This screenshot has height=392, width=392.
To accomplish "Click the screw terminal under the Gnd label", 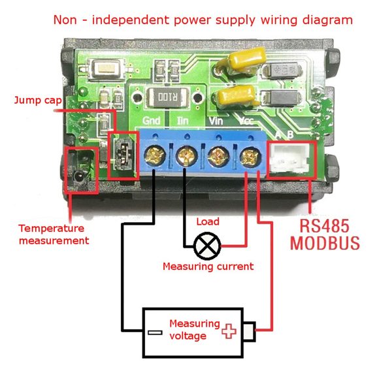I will (x=154, y=156).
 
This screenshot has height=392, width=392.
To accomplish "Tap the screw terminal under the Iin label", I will (x=185, y=156).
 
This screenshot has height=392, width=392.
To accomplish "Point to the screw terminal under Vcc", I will (x=248, y=156).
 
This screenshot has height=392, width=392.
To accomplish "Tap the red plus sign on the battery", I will (x=228, y=331).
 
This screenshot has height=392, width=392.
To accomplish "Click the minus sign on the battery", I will (x=154, y=332).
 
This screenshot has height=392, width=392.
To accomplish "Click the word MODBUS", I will (x=325, y=244).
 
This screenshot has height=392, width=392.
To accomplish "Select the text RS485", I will (x=325, y=226).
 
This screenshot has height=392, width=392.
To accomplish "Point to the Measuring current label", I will (x=208, y=266).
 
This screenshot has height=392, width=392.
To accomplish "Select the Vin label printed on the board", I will (x=216, y=120).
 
